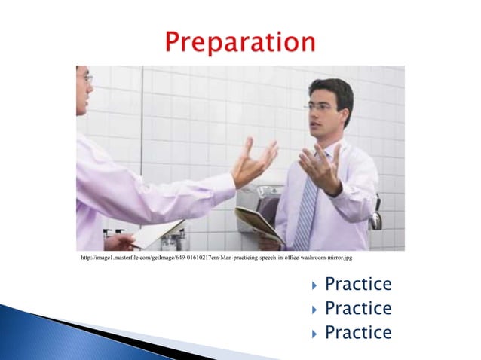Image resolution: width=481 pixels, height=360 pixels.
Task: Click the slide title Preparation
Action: tap(240, 41)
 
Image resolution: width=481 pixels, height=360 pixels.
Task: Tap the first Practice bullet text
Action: tap(358, 285)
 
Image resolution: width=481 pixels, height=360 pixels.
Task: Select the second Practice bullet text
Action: tap(358, 309)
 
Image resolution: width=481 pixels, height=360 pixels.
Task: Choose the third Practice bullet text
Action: tap(358, 333)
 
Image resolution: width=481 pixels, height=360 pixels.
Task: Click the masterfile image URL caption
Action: tap(216, 258)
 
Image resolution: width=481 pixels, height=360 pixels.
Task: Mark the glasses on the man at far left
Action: tap(87, 78)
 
